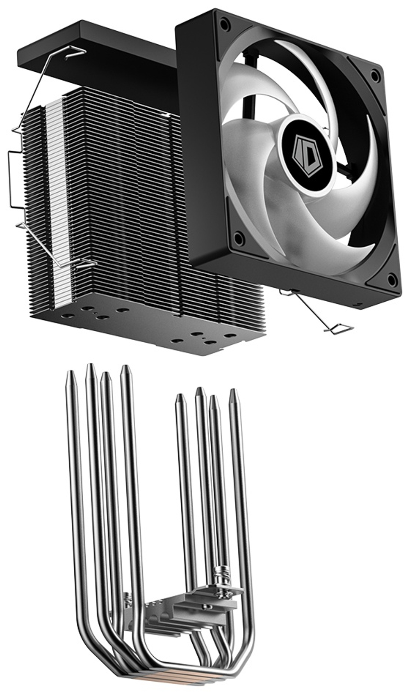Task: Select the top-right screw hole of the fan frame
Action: pos(374,75)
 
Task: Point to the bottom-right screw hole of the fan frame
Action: pos(392,280)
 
